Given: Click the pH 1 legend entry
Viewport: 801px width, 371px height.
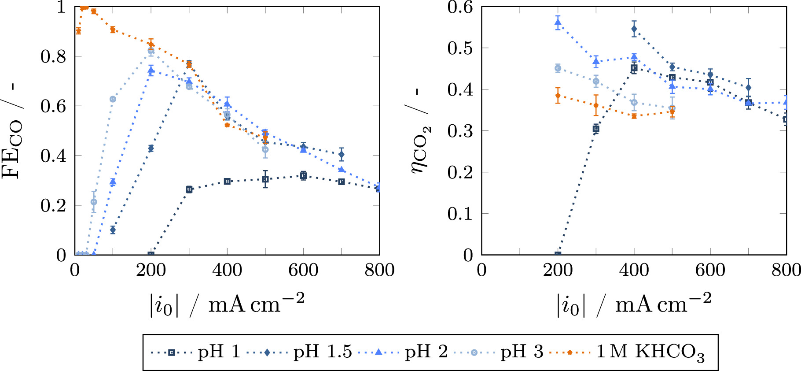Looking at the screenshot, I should (196, 352).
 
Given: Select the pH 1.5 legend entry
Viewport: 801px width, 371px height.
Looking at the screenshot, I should (299, 352).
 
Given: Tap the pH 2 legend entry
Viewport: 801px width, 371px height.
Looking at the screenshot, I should (403, 352).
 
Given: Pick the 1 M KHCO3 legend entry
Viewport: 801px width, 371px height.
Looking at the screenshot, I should (627, 352).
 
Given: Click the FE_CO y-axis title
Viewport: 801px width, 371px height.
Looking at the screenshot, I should (12, 132).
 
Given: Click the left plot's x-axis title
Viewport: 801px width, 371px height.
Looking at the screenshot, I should (227, 304).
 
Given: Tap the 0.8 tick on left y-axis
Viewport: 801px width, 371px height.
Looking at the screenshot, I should (53, 56).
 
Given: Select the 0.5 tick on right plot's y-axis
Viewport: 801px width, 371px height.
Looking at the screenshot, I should (460, 48).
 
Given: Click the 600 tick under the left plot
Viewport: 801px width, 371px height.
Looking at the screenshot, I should (303, 270).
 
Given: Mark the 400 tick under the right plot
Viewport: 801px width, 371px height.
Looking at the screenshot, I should (634, 270).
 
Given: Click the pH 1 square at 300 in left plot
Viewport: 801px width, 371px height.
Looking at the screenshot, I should (189, 189).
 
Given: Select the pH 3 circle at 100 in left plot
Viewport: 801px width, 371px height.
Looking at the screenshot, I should (113, 99).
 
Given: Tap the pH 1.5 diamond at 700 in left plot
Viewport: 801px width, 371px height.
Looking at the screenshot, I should (342, 154).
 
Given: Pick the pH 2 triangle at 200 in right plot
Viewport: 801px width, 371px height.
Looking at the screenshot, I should (558, 22).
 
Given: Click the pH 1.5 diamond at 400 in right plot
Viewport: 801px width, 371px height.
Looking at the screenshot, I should (634, 29).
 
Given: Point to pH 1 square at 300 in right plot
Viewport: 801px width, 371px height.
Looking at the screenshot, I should (596, 129).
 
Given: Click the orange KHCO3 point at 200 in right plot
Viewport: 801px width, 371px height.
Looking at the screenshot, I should (558, 95).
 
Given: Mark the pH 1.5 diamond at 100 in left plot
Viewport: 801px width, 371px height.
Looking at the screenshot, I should (113, 230).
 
